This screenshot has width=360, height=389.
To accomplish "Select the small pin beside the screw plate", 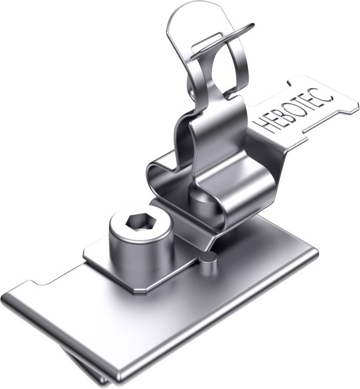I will coord(208,263).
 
